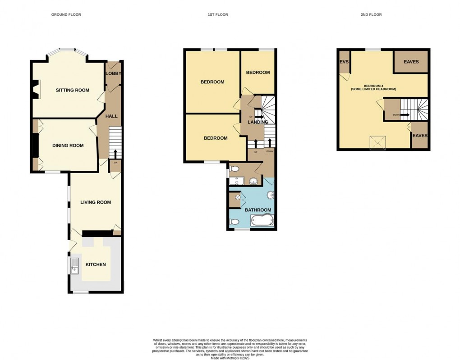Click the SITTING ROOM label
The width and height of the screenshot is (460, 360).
click(x=73, y=90)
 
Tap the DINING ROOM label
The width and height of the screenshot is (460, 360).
click(x=68, y=146)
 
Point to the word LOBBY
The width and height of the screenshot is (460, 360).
click(x=113, y=73)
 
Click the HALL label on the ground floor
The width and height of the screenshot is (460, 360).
click(x=111, y=116)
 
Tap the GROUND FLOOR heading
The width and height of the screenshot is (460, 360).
click(x=66, y=15)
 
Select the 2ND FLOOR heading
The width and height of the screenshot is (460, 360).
click(x=371, y=15)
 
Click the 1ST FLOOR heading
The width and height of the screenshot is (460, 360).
click(x=218, y=15)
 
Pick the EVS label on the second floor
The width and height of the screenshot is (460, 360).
click(x=344, y=62)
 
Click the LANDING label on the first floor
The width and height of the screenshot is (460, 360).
click(x=258, y=122)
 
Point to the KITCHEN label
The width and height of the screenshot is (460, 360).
click(x=96, y=264)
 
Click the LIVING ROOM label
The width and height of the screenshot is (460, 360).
click(x=96, y=202)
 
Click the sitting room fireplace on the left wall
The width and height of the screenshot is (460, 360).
click(x=37, y=89)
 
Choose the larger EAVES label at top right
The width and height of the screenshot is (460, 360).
click(x=411, y=62)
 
